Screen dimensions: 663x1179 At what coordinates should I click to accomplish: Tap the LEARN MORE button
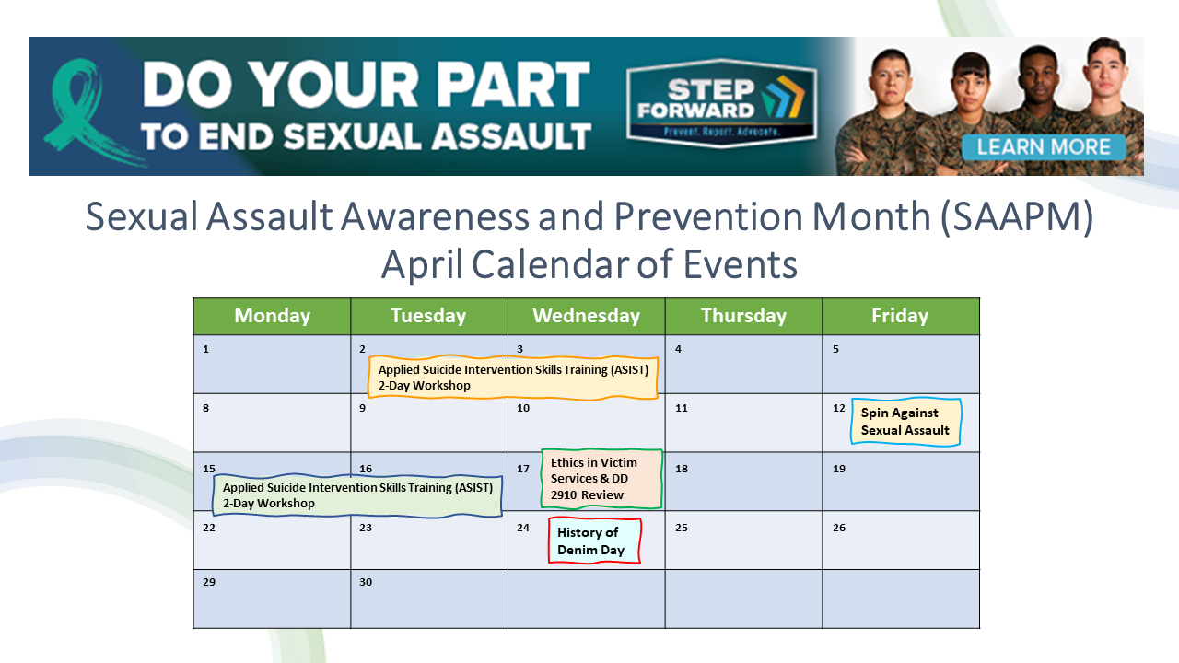[1043, 147]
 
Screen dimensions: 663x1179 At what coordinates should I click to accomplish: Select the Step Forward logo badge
[720, 103]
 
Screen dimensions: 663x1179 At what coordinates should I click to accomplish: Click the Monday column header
[272, 316]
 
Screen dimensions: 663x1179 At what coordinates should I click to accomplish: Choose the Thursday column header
[743, 316]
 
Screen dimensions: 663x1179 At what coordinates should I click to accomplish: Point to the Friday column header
[900, 316]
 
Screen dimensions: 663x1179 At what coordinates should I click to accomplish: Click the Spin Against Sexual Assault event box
[905, 422]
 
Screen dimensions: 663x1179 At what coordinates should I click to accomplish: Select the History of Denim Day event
[594, 541]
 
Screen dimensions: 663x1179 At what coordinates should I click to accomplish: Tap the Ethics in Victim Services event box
[601, 479]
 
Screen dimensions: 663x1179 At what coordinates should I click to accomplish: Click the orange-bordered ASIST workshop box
[514, 378]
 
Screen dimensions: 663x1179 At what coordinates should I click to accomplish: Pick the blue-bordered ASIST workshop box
[358, 495]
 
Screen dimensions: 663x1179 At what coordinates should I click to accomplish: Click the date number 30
[366, 582]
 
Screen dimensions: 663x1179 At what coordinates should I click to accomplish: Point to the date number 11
[682, 408]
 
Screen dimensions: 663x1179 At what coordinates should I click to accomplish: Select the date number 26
[839, 528]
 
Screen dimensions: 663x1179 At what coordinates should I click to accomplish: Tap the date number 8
[205, 408]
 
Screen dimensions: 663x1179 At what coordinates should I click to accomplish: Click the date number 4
[678, 349]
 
